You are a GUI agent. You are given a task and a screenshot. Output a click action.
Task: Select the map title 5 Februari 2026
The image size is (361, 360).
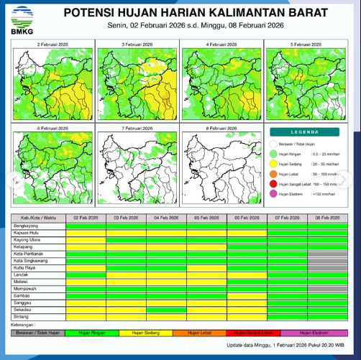(306, 45)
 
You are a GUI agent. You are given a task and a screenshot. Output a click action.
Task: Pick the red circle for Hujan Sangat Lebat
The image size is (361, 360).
(274, 184)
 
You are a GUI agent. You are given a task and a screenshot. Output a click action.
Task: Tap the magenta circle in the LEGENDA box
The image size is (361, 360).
(274, 194)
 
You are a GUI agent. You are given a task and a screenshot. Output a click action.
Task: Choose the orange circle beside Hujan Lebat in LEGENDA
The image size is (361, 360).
(274, 174)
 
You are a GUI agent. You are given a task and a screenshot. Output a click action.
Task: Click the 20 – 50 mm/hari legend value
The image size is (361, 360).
(324, 164)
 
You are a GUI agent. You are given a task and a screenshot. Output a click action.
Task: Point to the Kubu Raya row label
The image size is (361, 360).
(26, 267)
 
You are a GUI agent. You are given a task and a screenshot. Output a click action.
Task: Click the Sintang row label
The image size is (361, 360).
(22, 317)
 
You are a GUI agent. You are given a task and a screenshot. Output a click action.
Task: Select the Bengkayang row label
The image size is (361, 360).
(26, 225)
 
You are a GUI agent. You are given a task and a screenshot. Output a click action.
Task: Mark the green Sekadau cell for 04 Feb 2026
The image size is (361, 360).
(166, 310)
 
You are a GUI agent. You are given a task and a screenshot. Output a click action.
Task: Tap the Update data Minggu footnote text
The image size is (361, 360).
(285, 346)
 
